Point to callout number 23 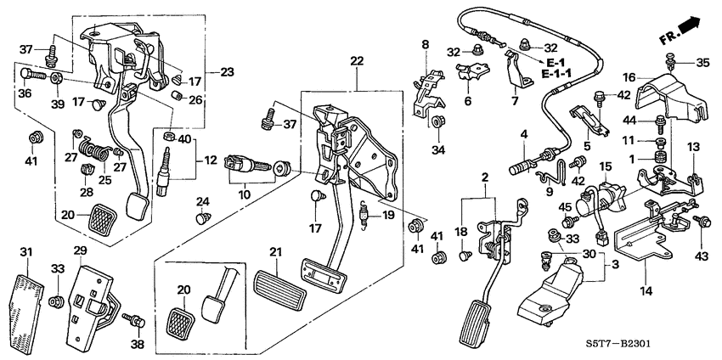pos(227,71)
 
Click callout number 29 pos(80,251)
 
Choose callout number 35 pos(702,62)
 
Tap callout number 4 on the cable pos(524,134)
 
